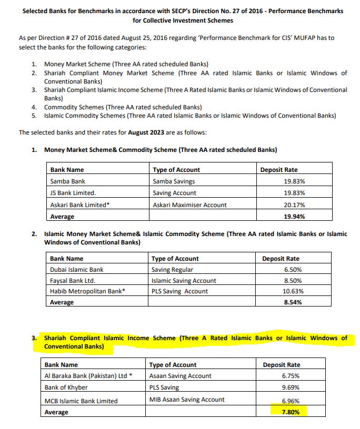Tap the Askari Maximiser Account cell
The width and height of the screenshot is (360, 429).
pyautogui.click(x=189, y=205)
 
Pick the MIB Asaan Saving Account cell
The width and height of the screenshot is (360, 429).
pyautogui.click(x=187, y=400)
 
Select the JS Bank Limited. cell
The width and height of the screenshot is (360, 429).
pyautogui.click(x=73, y=193)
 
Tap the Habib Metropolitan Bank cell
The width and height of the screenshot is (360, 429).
pyautogui.click(x=87, y=291)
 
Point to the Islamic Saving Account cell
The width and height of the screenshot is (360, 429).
pyautogui.click(x=184, y=281)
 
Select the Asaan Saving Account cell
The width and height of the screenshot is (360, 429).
pyautogui.click(x=180, y=376)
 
